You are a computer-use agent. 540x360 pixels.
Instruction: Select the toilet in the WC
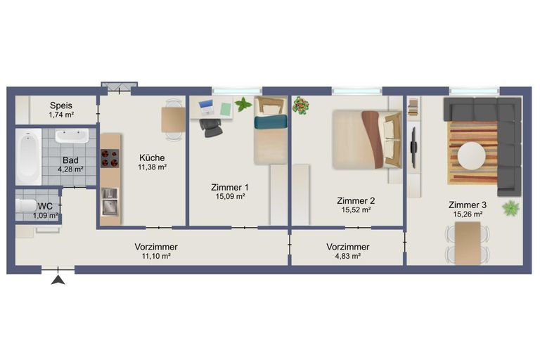pyautogui.click(x=25, y=207)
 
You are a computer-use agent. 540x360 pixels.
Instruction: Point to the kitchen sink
pyautogui.click(x=109, y=207)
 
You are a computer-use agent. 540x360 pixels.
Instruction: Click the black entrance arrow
pyautogui.click(x=58, y=281)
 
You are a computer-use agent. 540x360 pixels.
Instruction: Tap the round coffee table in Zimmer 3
pyautogui.click(x=470, y=156)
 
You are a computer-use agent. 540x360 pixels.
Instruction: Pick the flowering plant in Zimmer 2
pyautogui.click(x=301, y=106)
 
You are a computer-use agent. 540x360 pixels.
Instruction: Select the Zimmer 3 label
pyautogui.click(x=467, y=205)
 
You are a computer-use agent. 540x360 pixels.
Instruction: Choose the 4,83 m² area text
pyautogui.click(x=347, y=257)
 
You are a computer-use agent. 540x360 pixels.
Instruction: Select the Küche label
pyautogui.click(x=152, y=157)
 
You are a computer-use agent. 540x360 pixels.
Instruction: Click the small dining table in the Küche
pyautogui.click(x=174, y=119)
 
